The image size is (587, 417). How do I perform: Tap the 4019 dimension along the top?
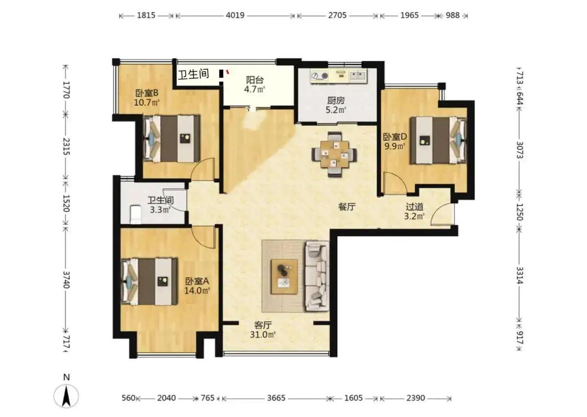click(x=235, y=15)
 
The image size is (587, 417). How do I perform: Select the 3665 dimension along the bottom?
click(x=276, y=398)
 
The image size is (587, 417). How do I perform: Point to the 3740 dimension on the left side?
click(x=66, y=279)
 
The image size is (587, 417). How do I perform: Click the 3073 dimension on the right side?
click(x=520, y=149)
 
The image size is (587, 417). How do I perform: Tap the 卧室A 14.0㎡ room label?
click(x=197, y=286)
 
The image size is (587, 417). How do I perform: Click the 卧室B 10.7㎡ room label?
click(x=147, y=97)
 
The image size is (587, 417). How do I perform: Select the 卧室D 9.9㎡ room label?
click(x=394, y=141)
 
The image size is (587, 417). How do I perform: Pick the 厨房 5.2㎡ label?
click(x=336, y=105)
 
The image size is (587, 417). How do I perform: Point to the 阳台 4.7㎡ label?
click(x=255, y=84)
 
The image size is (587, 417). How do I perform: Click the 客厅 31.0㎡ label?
click(x=263, y=330)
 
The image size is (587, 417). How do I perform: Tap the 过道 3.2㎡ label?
click(x=414, y=211)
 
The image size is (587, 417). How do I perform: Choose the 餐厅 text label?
click(x=346, y=206)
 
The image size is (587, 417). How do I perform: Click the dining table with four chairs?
click(x=334, y=154)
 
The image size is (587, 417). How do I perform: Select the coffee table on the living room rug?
click(x=284, y=276)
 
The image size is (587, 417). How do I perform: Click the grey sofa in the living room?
click(x=317, y=276)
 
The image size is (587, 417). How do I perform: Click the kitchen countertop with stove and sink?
click(x=339, y=76)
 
